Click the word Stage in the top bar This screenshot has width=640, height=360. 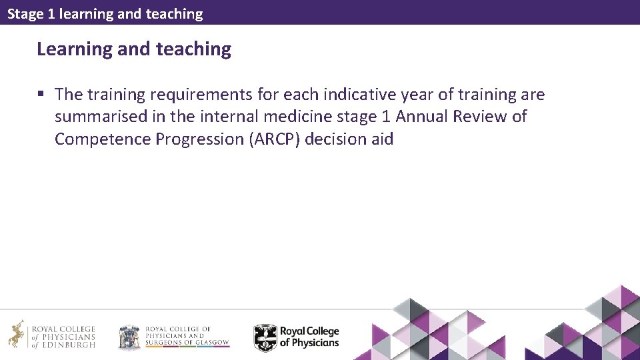click(25, 13)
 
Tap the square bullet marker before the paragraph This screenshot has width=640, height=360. click(42, 95)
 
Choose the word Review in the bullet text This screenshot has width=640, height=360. click(479, 117)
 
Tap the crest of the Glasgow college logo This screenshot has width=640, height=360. click(129, 337)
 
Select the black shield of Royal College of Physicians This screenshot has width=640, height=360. click(265, 337)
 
